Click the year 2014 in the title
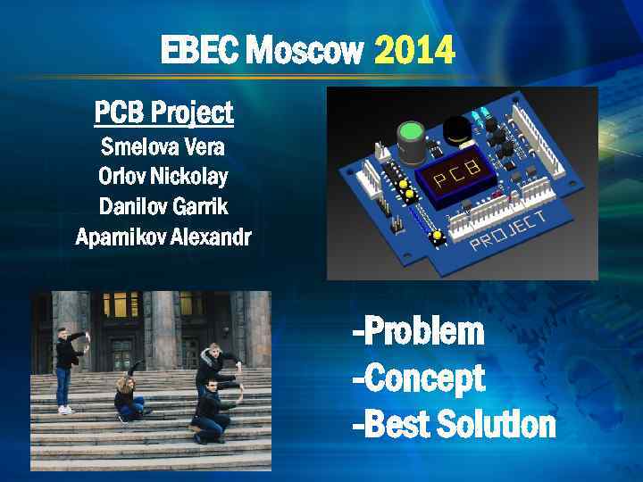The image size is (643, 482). [414, 52]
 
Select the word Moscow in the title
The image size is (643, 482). [304, 52]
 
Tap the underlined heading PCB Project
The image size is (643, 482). [163, 112]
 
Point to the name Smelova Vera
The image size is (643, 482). [163, 145]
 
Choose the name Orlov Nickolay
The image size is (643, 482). [163, 176]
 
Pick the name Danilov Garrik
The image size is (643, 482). [163, 206]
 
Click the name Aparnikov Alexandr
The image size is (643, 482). [163, 237]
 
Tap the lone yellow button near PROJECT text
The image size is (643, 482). [438, 235]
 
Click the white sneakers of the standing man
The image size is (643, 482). [64, 409]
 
